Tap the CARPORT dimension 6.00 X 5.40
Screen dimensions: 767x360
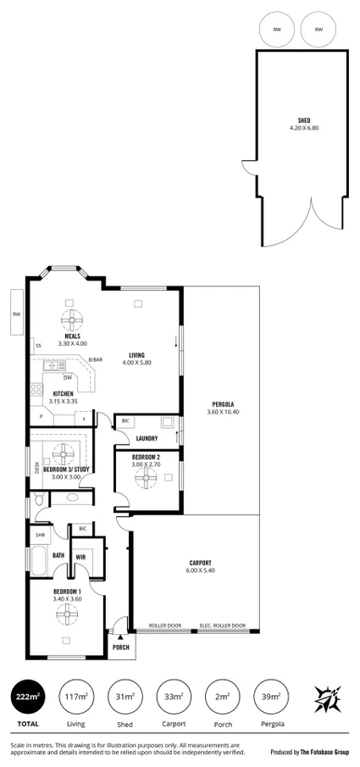pos(200,570)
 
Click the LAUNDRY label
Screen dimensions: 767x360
pos(148,438)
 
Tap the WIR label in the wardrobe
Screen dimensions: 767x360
pos(80,556)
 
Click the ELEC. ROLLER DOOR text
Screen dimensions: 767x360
pos(223,626)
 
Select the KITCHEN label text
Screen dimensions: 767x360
pos(63,393)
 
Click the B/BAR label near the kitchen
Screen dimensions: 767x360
pos(96,360)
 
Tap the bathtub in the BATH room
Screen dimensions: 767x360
pos(39,560)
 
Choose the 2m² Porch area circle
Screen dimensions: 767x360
pos(222,697)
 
